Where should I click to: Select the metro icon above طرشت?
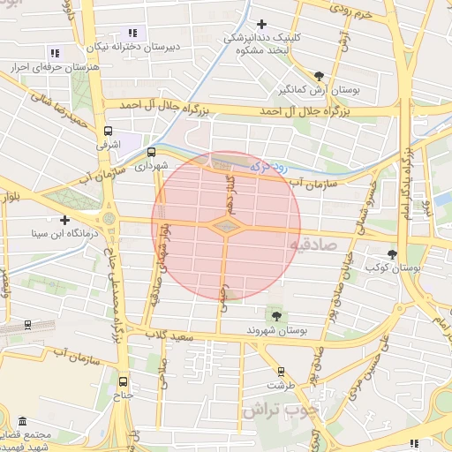[x=282, y=372]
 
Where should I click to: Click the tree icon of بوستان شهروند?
[x=277, y=315]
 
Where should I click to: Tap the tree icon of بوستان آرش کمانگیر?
[x=319, y=76]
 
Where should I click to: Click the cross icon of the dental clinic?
[x=260, y=24]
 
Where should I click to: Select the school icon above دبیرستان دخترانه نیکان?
[x=133, y=33]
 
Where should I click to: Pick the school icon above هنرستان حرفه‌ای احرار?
[x=55, y=54]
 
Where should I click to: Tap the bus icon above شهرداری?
[x=151, y=151]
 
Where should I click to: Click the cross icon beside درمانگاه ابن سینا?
[x=64, y=220]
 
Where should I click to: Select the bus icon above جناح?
[x=123, y=382]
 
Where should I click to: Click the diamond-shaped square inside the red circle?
[x=227, y=227]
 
